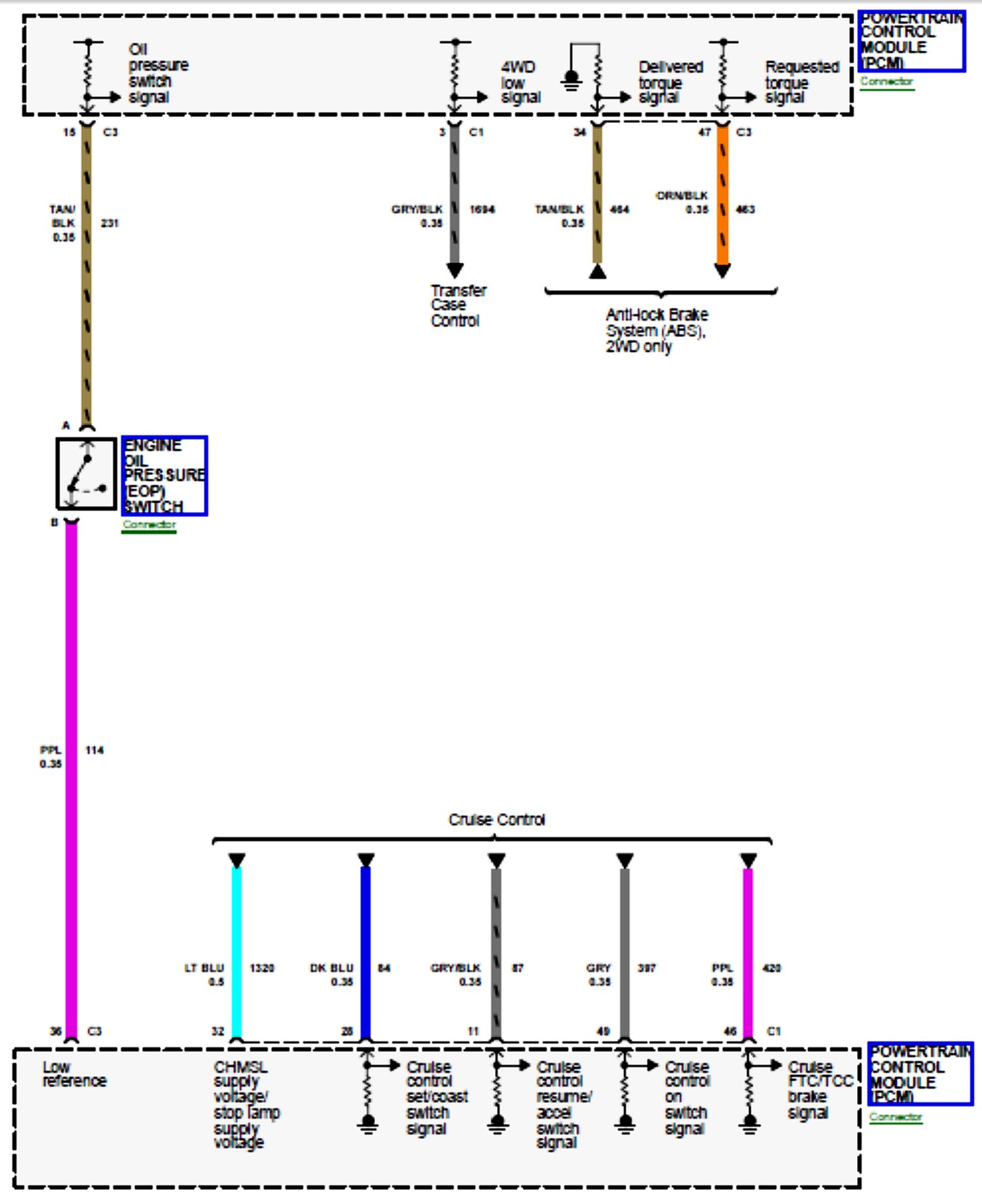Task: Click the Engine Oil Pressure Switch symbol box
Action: coord(86,473)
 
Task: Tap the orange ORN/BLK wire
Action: coord(723,196)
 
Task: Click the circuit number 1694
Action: coord(482,209)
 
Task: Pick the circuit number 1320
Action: coord(262,967)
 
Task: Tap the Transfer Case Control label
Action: coord(458,306)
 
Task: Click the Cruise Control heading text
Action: coord(497,820)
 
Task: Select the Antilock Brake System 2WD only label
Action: coord(656,331)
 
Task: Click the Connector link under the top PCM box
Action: coord(886,82)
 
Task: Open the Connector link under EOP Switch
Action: coord(149,525)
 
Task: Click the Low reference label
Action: coord(74,1074)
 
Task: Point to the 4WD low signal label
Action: coord(520,82)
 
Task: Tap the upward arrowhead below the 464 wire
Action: coord(597,271)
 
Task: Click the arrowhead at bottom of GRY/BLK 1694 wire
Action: coord(455,270)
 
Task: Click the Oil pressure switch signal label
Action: coord(157,73)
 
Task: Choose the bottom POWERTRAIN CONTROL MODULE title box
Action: coord(919,1074)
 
